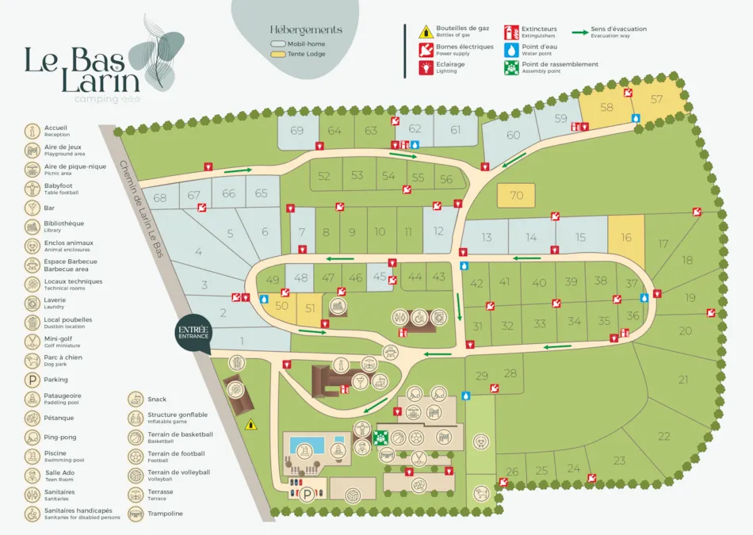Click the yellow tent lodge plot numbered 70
pos(517,196)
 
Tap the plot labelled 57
pos(656,100)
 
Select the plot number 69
pos(297,131)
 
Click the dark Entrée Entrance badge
pos(193,333)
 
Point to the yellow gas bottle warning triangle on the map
pos(251,424)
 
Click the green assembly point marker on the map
pos(380,437)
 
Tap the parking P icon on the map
pos(306,494)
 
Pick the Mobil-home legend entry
pos(297,44)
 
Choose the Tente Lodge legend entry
pos(297,55)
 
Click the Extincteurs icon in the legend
pos(512,32)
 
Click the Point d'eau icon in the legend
pos(512,50)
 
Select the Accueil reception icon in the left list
pos(32,131)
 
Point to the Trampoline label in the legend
pos(165,514)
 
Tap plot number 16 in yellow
pos(626,238)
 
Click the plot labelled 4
pos(198,252)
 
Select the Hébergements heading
pos(306,30)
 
